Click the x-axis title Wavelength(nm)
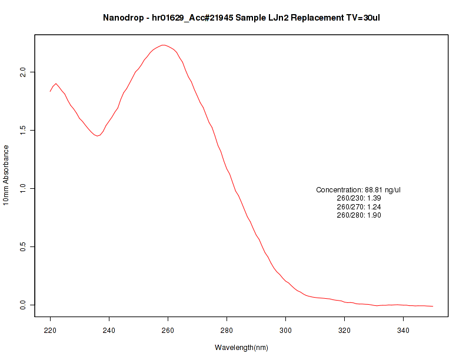[x=241, y=348]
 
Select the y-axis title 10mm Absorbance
[x=6, y=176]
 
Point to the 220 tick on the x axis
[x=50, y=331]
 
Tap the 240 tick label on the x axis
[x=109, y=331]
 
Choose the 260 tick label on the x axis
[x=168, y=331]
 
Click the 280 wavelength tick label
[x=227, y=331]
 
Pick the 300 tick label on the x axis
[x=285, y=331]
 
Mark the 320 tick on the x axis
[x=344, y=331]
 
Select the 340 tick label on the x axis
[x=403, y=331]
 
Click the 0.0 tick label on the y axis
[x=23, y=305]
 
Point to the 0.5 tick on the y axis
[x=23, y=246]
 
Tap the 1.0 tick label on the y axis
[x=23, y=188]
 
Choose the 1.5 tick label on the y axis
[x=23, y=130]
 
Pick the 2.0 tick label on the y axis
[x=23, y=72]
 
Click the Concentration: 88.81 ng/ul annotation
[x=358, y=190]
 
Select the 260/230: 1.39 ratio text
[x=358, y=198]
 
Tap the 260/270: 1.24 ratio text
[x=358, y=207]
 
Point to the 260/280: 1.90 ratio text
[x=358, y=215]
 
